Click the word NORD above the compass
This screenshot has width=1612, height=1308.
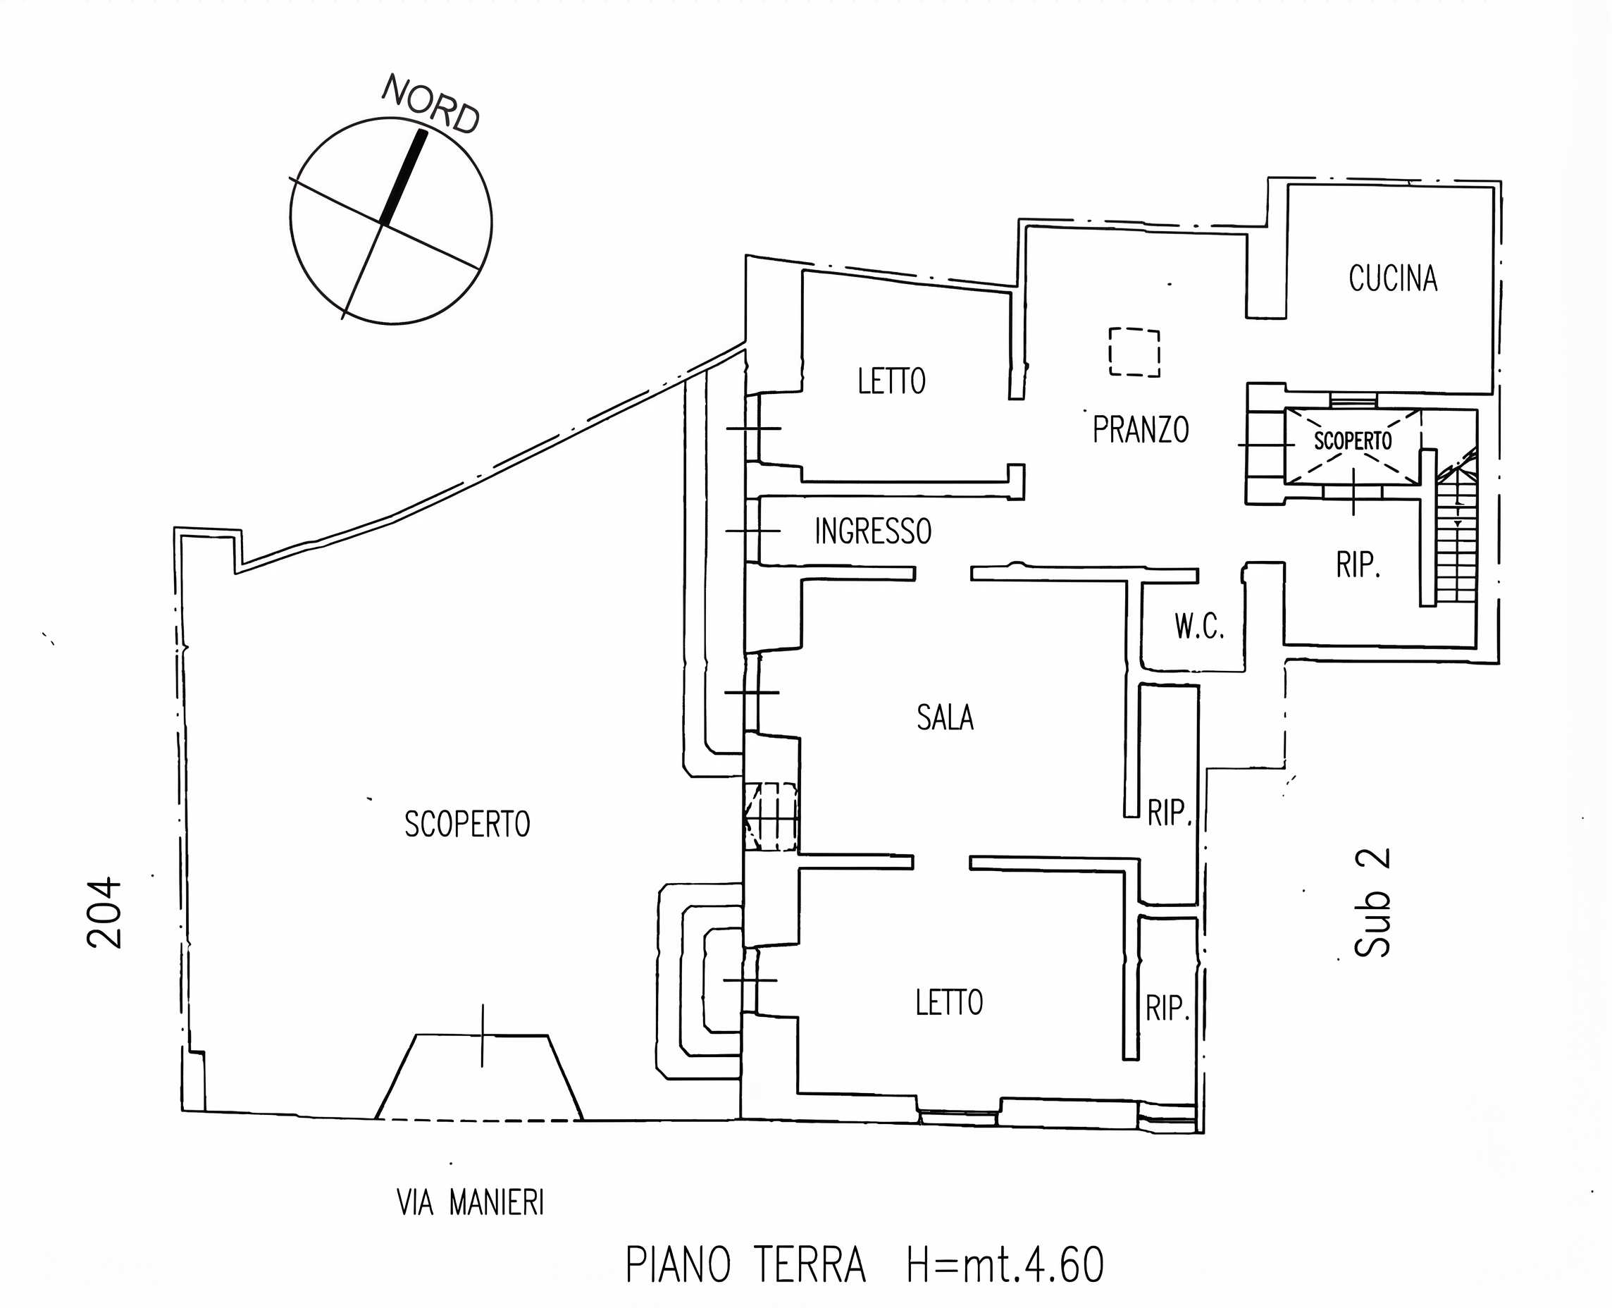[x=431, y=104]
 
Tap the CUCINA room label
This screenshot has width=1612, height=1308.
[x=1393, y=278]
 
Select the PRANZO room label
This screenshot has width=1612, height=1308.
[x=1141, y=429]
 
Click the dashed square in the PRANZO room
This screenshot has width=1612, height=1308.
[x=1134, y=352]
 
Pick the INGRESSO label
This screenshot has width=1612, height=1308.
[x=873, y=531]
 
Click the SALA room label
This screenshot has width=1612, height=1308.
[x=945, y=717]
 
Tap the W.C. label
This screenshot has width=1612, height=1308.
[x=1199, y=626]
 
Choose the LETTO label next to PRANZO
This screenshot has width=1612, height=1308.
[x=891, y=381]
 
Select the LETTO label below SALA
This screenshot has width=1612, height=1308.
[x=949, y=1003]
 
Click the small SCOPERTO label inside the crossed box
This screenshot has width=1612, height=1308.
[x=1353, y=440]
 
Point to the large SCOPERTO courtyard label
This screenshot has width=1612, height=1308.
[x=467, y=825]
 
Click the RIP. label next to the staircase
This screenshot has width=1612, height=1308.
[x=1358, y=564]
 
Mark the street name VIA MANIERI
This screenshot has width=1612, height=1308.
[x=470, y=1202]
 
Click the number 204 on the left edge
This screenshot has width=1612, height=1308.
[x=104, y=913]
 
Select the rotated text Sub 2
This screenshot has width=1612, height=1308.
[x=1372, y=902]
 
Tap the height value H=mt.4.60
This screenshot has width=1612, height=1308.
[x=1005, y=1265]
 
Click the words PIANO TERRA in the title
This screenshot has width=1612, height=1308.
[x=745, y=1265]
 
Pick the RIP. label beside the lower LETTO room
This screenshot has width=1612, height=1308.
[x=1167, y=1008]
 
